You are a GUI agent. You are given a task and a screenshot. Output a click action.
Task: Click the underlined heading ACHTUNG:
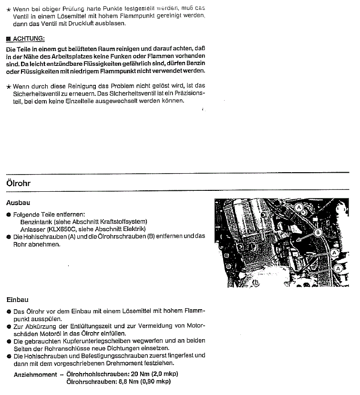pyautogui.click(x=28, y=38)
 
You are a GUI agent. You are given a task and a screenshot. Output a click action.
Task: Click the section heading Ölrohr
pyautogui.click(x=19, y=183)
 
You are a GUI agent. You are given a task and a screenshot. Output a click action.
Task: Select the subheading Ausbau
pyautogui.click(x=18, y=202)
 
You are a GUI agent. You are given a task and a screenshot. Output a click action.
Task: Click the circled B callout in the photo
pyautogui.click(x=317, y=232)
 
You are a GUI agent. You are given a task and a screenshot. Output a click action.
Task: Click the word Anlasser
pyautogui.click(x=33, y=229)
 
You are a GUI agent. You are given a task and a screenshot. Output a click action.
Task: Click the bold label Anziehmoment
pyautogui.click(x=35, y=374)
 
